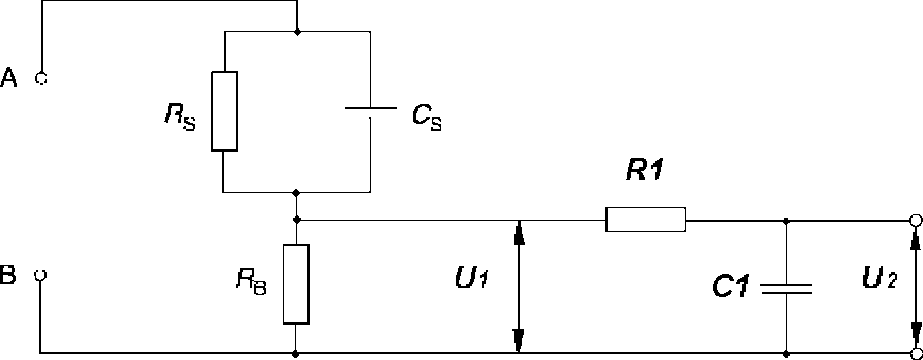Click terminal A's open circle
pos(41,78)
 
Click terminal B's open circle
pos(40,275)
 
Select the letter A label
pos(8,77)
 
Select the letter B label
pos(8,275)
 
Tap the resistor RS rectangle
pos(224,111)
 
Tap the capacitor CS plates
pos(371,113)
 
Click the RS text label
pos(180,117)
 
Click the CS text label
pos(427,117)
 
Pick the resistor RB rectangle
pos(296,284)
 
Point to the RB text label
pos(252,281)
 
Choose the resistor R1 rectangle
pos(646,220)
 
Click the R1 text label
pos(645,170)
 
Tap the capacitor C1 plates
pos(787,288)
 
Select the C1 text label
pos(730,286)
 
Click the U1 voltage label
pos(472,277)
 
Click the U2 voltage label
pos(879,277)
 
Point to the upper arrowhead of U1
pos(519,233)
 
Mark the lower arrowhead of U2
pos(916,335)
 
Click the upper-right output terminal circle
pos(915,220)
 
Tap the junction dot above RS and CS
pos(297,32)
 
